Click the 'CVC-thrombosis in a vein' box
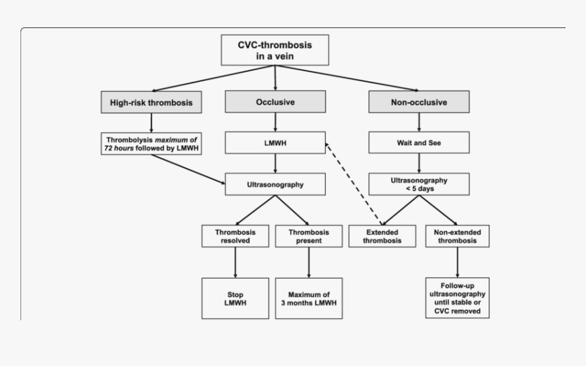point(275,50)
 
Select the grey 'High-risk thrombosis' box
point(151,103)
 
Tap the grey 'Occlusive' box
point(275,102)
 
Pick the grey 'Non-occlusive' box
point(418,102)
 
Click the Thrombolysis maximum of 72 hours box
point(151,143)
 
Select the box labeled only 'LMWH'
point(275,143)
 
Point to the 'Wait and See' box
point(418,143)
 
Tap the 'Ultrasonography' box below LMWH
point(275,183)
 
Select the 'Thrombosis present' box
point(308,236)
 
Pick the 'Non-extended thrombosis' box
point(457,236)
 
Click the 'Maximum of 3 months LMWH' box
point(308,298)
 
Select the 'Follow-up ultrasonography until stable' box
point(457,297)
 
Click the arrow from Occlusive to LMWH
point(275,123)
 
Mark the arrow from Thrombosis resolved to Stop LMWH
point(235,262)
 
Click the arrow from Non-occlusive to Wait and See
point(418,123)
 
